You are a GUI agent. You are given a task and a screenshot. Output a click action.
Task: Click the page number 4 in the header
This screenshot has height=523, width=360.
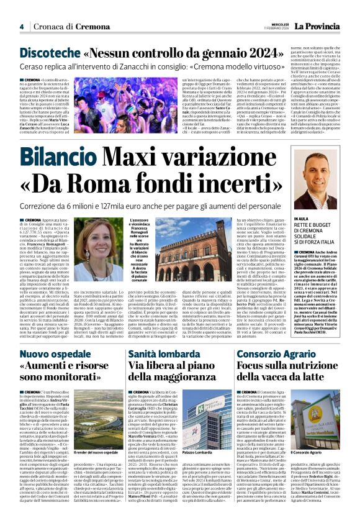click(x=21, y=27)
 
